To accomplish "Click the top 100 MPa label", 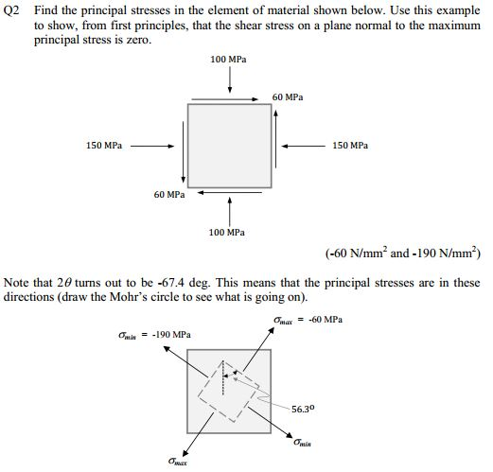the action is coord(229,60).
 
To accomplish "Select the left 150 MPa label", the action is coord(104,146).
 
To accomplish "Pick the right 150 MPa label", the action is coord(351,146).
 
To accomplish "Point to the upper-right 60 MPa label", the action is coord(288,97).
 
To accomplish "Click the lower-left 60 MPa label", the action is coord(169,194).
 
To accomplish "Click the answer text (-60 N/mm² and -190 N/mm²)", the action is coord(401,253).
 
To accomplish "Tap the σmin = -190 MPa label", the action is coord(155,334).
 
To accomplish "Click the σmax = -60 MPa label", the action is coord(308,320).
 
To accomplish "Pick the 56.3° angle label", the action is coord(303,409).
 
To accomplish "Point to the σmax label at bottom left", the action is coord(176,462).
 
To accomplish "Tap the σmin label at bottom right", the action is coord(303,442).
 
